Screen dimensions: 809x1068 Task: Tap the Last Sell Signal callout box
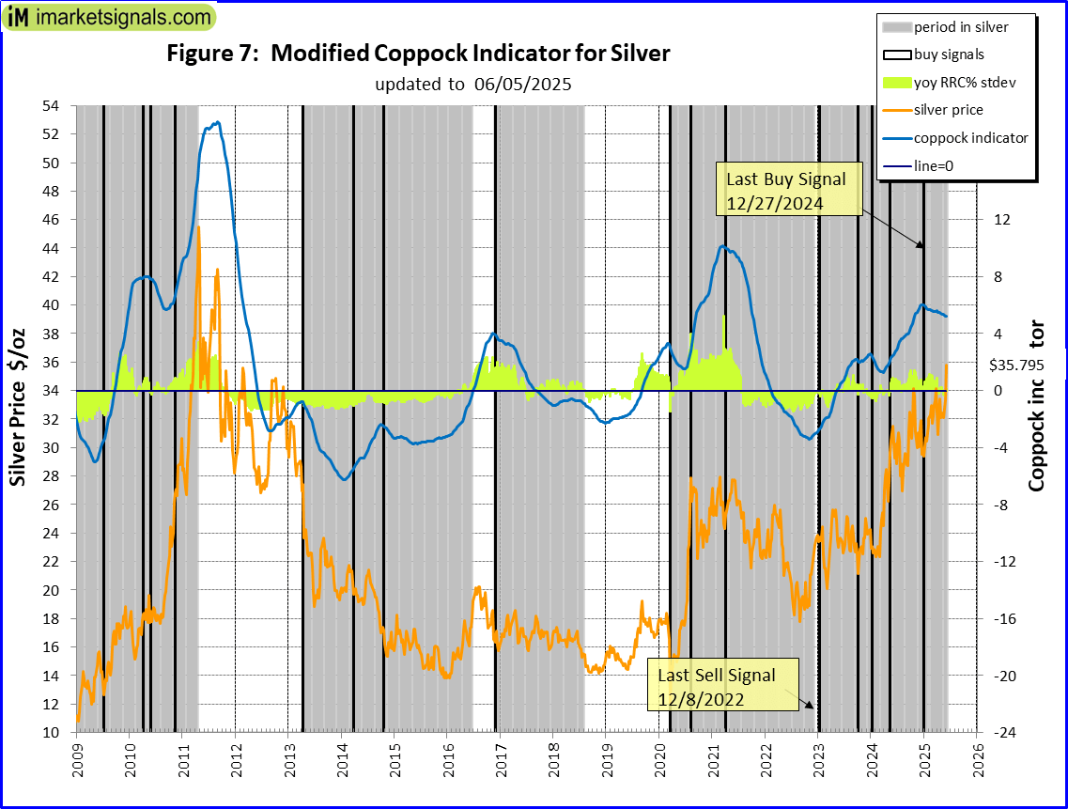(717, 687)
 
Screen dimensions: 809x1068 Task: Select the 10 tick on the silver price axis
(56, 733)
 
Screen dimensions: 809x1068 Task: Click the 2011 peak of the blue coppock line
(218, 122)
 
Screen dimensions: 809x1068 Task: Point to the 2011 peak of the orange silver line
(198, 226)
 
